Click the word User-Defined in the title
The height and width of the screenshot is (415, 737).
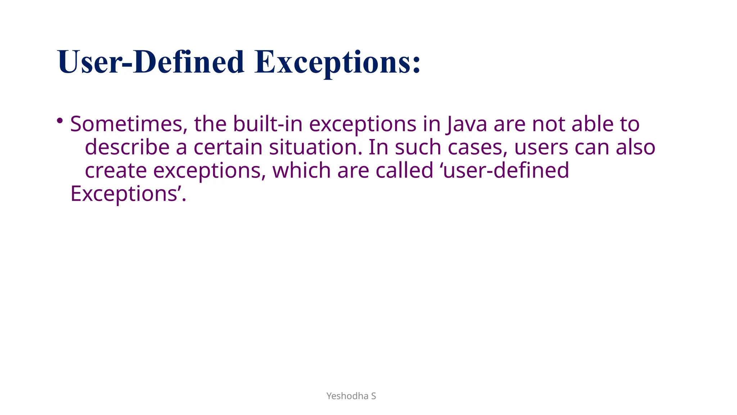151,62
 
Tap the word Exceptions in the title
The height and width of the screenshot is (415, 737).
337,62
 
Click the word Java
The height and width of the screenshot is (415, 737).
467,124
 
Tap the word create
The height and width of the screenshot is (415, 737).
116,171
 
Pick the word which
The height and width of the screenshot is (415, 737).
302,171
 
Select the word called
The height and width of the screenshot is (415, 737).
404,171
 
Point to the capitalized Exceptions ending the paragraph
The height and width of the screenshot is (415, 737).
124,194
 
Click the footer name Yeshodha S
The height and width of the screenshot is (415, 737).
351,396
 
